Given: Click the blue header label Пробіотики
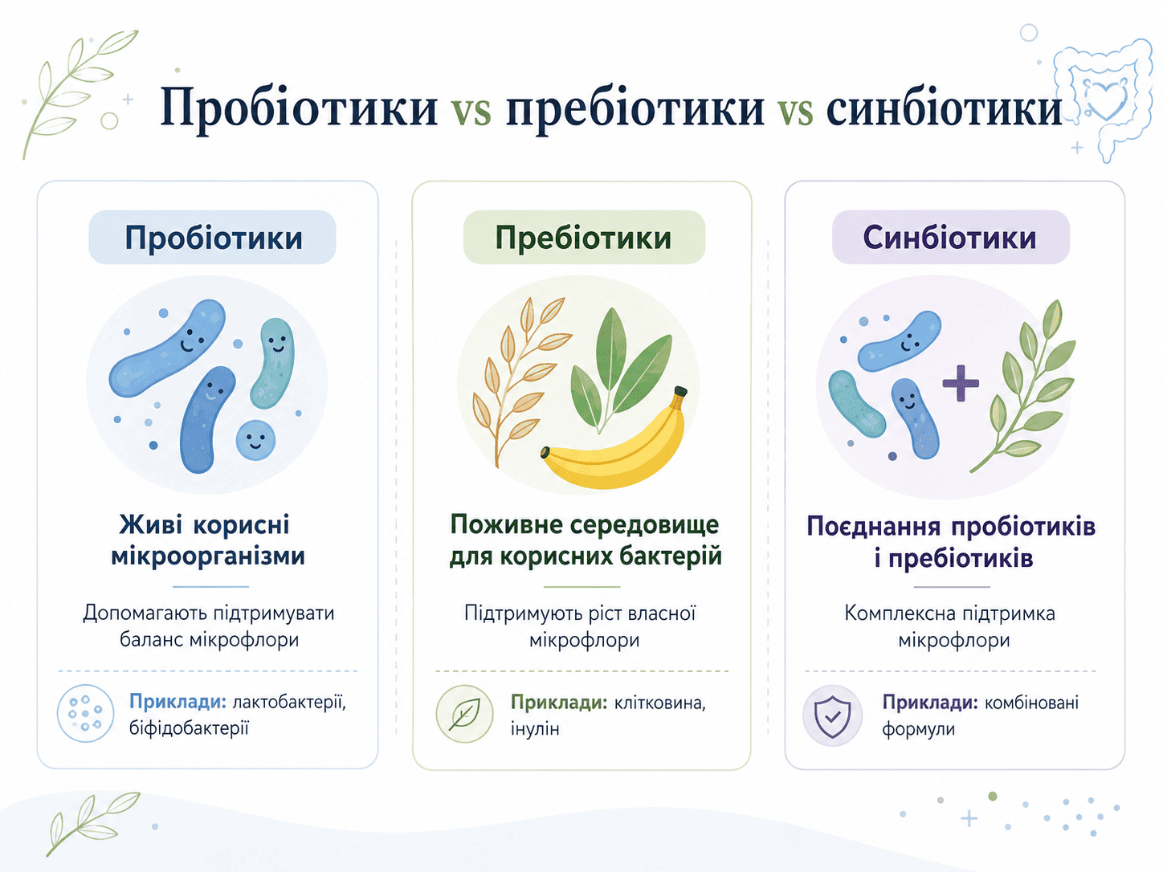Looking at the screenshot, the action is coord(213,237).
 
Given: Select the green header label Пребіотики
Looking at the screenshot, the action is coord(584,237).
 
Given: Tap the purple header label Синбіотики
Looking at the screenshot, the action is coord(950,237).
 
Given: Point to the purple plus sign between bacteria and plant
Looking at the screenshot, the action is coord(961,383).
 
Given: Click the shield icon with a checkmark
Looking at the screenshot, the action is coord(832,716).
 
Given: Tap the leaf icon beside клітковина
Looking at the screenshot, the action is coord(464,714).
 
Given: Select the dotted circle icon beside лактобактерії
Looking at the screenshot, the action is coord(85,713).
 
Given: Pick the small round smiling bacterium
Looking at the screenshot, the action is coord(255,440).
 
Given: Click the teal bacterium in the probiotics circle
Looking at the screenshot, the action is coord(272,363).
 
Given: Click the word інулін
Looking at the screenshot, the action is coord(535,729).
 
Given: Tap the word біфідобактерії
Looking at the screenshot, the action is coord(189,728).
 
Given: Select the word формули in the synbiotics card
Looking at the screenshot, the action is coord(918,730).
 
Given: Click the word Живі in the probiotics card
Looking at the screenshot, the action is coord(150,524).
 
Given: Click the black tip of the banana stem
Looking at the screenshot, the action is coord(680,392).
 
